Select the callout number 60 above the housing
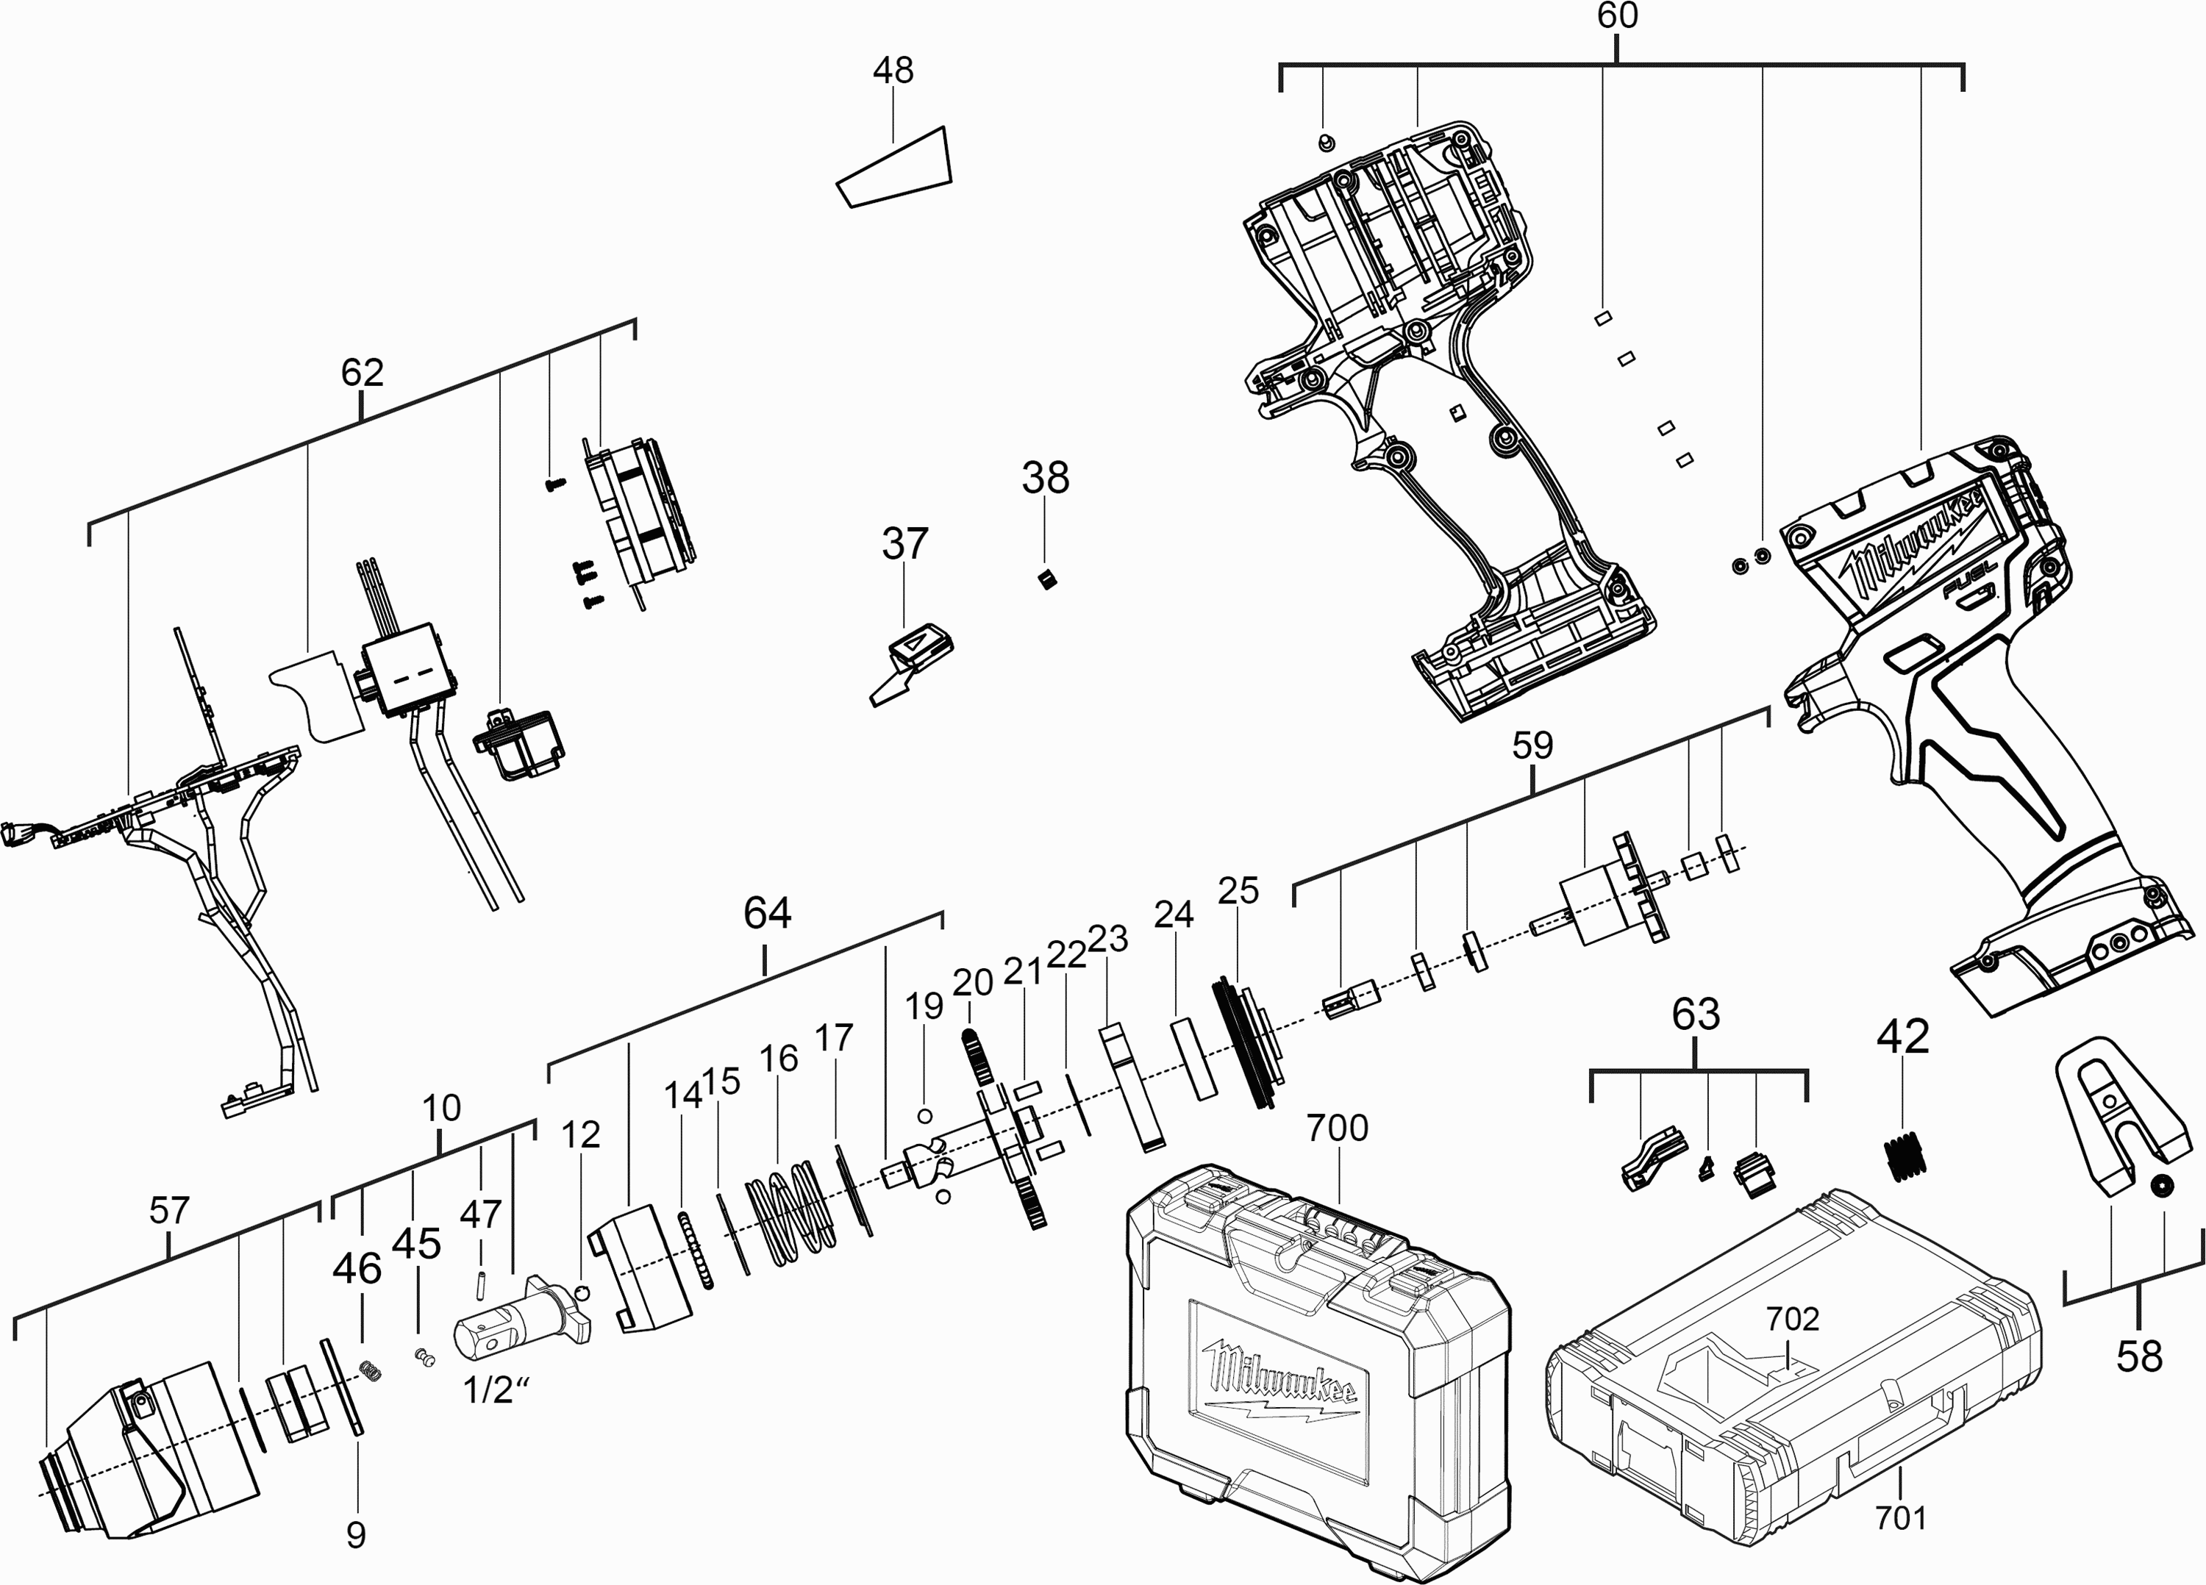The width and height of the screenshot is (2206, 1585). pos(1618,16)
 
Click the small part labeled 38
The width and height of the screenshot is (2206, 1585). pos(1046,581)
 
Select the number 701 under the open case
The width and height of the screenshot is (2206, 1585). pos(1899,1517)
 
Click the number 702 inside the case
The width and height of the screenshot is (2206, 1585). pos(1793,1320)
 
